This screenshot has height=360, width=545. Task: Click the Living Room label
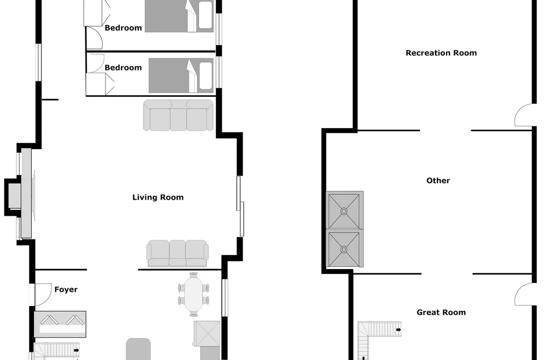click(x=158, y=197)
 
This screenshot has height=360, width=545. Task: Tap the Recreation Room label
click(x=441, y=53)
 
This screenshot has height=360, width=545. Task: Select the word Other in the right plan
click(x=438, y=180)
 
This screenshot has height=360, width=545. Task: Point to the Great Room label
click(x=441, y=313)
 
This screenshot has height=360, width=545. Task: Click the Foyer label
click(x=66, y=290)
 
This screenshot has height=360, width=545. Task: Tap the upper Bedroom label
click(x=123, y=28)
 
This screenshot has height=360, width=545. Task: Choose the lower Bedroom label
click(x=123, y=67)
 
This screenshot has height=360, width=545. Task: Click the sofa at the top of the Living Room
click(x=178, y=115)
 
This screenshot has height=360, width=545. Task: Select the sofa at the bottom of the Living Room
click(x=177, y=253)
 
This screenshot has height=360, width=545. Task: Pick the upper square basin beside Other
click(x=344, y=210)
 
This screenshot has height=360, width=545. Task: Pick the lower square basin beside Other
click(x=344, y=249)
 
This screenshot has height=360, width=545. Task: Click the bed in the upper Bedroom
click(x=179, y=16)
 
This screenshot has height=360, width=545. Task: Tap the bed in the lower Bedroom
click(x=181, y=76)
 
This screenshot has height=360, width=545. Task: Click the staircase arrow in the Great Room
click(x=398, y=329)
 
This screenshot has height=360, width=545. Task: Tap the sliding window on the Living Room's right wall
click(x=240, y=206)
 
